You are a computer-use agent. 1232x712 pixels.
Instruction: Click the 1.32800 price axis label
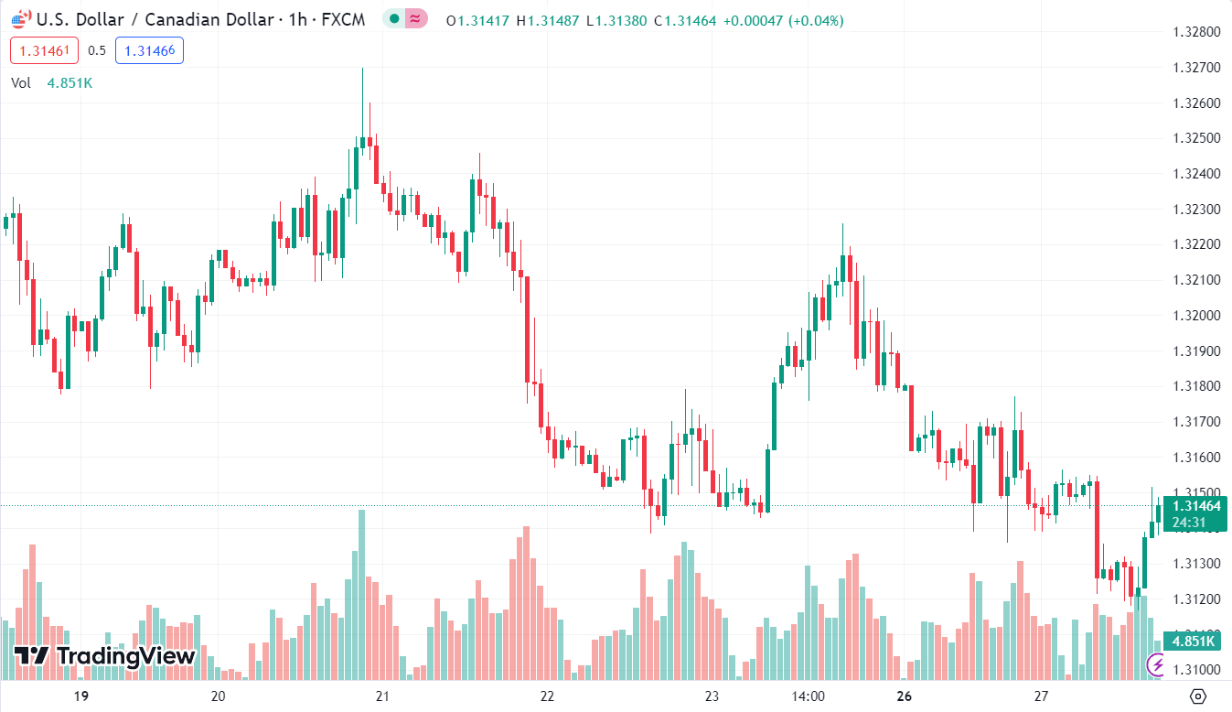1196,32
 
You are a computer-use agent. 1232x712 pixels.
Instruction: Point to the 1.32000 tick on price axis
1196,316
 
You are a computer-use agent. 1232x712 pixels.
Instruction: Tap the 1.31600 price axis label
1196,458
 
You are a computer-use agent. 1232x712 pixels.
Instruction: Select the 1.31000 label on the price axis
1196,669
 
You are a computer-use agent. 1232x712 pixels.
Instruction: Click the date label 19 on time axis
80,696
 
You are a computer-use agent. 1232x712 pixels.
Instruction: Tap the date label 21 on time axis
382,696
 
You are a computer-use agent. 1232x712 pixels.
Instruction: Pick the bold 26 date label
905,696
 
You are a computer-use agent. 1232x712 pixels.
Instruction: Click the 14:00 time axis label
809,696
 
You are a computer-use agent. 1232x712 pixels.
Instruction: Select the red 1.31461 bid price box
45,51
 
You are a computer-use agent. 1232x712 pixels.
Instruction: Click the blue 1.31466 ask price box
149,51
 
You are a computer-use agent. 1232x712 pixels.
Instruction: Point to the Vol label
21,83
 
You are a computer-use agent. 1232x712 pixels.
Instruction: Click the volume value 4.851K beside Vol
70,83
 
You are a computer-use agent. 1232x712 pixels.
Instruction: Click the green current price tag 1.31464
1196,506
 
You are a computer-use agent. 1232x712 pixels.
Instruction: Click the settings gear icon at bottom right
1199,696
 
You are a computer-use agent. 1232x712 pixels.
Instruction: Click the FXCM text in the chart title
343,19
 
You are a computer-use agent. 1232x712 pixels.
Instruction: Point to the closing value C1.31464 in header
684,20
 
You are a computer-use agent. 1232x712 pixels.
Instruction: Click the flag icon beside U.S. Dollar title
21,18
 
